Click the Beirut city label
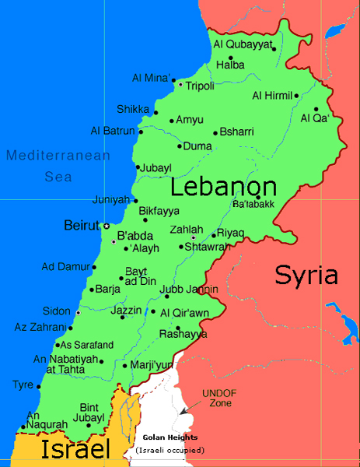pos(82,226)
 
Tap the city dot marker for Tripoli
pos(180,84)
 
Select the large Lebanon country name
pos(224,188)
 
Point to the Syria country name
pos(306,276)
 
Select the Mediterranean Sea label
pos(58,166)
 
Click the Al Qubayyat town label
pos(243,44)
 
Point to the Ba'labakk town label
pos(253,205)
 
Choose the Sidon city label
pos(56,310)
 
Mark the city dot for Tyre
pos(39,385)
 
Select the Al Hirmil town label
pos(271,96)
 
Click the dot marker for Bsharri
pos(215,132)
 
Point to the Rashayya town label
pos(183,334)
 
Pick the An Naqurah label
pos(43,421)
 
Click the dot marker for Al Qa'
pos(316,109)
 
